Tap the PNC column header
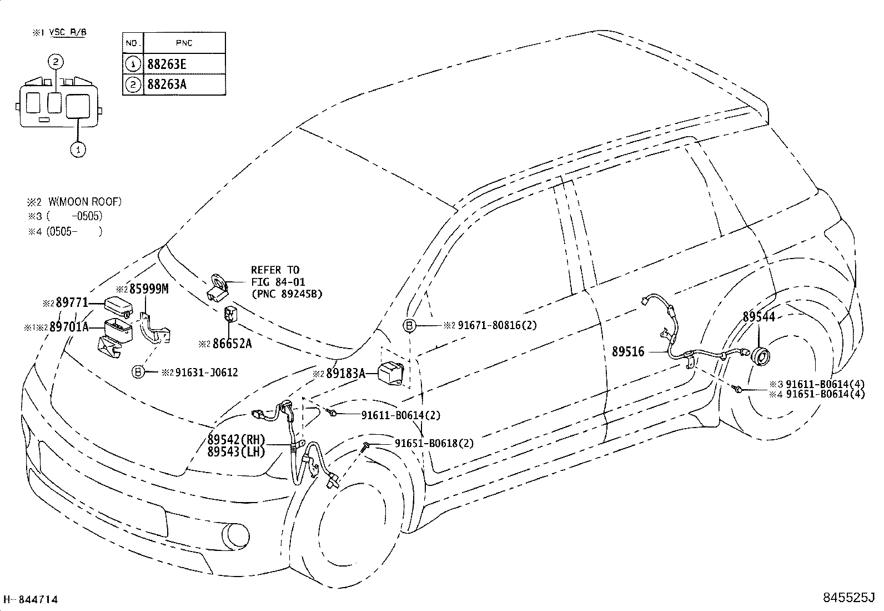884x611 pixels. point(184,43)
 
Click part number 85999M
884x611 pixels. point(149,289)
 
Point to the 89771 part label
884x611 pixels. point(72,302)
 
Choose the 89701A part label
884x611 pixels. point(69,327)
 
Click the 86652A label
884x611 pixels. point(232,344)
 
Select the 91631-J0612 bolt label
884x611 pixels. point(207,372)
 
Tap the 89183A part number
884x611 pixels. point(346,374)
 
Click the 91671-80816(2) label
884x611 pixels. point(498,325)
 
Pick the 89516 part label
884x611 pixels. point(628,351)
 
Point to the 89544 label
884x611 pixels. point(759,316)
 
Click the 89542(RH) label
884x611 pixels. point(237,439)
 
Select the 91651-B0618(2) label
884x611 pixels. point(434,444)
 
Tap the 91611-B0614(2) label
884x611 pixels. point(401,415)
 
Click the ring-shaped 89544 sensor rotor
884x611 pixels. point(760,357)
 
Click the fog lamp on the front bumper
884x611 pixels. point(235,537)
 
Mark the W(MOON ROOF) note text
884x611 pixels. point(85,202)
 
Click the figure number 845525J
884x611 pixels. point(849,597)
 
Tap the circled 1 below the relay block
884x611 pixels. point(78,150)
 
